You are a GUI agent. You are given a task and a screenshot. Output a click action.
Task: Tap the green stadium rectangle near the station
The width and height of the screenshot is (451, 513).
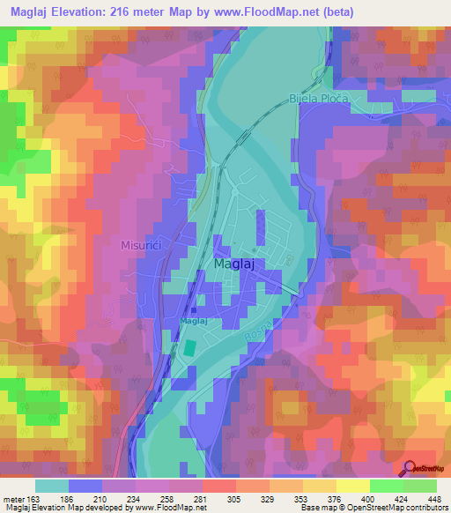[189, 348]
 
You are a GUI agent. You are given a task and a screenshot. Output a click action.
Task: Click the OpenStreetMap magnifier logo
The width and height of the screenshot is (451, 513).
[409, 468]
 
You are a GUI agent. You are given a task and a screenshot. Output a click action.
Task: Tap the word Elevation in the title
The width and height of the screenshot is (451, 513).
[88, 11]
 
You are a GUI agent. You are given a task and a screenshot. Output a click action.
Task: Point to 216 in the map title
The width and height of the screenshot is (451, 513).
[134, 11]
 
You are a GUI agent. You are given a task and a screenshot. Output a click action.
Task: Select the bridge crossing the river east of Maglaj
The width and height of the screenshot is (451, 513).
[294, 289]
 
